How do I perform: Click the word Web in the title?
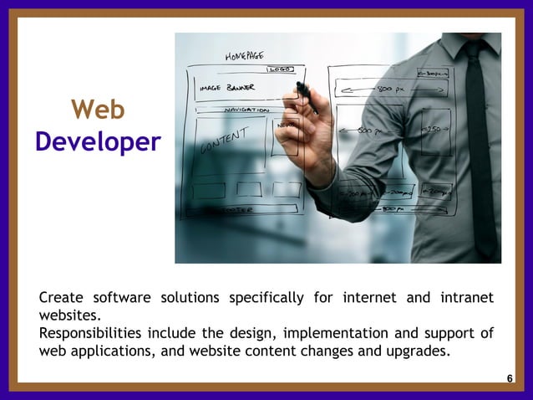click(x=98, y=110)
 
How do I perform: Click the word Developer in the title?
click(x=98, y=141)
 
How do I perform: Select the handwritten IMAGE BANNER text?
click(x=227, y=86)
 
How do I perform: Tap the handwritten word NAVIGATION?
click(x=247, y=110)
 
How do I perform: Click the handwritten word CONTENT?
click(x=224, y=141)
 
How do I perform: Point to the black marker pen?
click(x=305, y=94)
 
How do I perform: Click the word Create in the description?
click(x=61, y=298)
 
